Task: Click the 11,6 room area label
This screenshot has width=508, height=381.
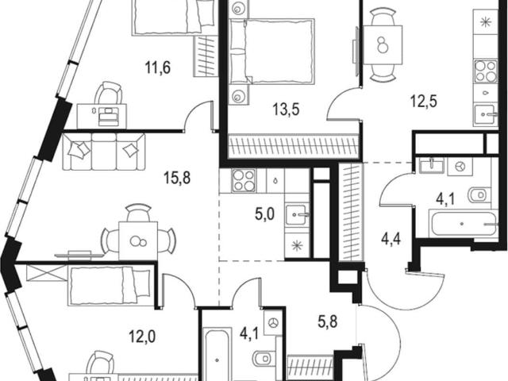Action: (157, 68)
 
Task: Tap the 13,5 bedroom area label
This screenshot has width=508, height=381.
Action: (286, 110)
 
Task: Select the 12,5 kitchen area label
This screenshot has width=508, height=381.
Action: (424, 101)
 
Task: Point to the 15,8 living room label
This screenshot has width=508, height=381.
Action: (177, 178)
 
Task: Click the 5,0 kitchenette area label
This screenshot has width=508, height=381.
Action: (264, 214)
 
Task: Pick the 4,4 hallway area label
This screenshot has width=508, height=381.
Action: (391, 240)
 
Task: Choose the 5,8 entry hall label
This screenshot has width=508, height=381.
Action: (328, 322)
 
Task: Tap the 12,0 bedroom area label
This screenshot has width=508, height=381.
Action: (142, 337)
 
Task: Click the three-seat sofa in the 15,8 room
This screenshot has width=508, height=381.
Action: (104, 152)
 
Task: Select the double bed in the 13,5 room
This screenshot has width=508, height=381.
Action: (271, 52)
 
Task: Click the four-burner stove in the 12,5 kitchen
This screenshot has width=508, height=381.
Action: (486, 71)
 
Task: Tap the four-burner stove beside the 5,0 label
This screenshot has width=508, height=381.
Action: (244, 180)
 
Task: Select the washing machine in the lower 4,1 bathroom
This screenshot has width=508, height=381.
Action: (274, 322)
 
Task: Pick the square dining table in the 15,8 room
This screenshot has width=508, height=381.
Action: (138, 241)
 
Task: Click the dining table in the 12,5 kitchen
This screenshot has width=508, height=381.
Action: (383, 45)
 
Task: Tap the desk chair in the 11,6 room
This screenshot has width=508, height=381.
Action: (109, 94)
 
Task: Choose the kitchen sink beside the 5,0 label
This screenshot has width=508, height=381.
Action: (296, 215)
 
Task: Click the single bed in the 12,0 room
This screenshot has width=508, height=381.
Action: (110, 285)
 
